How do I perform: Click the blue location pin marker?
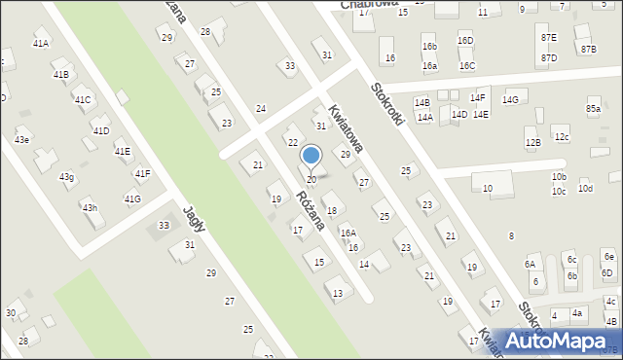(311, 156)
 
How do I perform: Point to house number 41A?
(41, 44)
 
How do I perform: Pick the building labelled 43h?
(90, 208)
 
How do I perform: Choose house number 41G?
(132, 199)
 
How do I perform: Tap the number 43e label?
(21, 140)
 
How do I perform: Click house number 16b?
(429, 47)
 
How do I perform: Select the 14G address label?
(510, 100)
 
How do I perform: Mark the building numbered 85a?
(593, 109)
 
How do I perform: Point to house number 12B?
(532, 143)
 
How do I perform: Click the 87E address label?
(549, 37)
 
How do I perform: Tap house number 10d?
(585, 189)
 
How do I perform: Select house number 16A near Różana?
(348, 234)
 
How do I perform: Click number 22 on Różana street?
(292, 143)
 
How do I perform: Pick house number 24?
(261, 108)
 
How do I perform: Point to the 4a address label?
(577, 312)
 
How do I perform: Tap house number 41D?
(101, 130)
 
